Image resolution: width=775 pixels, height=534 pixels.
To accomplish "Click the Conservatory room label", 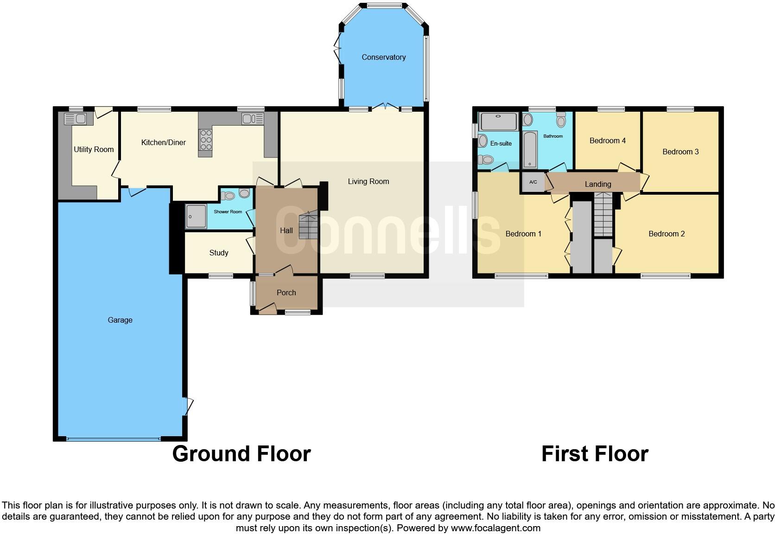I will coord(383,57).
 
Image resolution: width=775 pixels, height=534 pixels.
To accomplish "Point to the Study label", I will coord(219,253).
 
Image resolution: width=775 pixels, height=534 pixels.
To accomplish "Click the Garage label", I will coord(120,320).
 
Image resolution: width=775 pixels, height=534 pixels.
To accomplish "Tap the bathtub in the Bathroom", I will coord(530,150).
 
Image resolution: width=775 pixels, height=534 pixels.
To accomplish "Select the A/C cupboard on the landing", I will coord(533,182).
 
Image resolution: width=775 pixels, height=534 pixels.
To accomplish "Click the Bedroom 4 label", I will coord(607,141).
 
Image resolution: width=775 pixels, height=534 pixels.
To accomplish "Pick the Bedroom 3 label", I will coord(680,152).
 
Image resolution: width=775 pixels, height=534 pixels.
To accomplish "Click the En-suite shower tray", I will coord(499,121).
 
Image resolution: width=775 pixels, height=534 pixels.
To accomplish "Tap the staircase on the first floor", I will coord(603,215).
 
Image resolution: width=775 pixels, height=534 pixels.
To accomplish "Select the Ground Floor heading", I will coord(241,454).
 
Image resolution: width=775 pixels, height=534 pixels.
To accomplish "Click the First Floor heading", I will coord(595,454).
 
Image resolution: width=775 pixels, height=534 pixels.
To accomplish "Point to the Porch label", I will coord(286,293).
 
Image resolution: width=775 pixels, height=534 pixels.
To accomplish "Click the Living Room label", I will coord(368,182).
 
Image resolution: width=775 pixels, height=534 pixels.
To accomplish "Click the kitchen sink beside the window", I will coord(252,119).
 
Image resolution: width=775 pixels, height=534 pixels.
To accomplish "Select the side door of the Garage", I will coord(188,406).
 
